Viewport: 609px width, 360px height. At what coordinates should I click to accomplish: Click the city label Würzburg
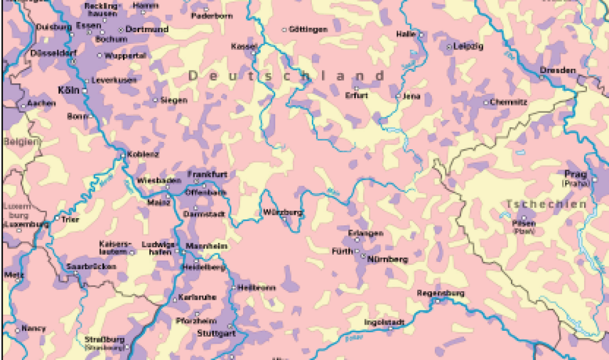pyautogui.click(x=282, y=212)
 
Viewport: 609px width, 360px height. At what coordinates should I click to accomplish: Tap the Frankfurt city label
pyautogui.click(x=207, y=174)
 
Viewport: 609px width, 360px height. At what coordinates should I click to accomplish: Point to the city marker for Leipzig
pyautogui.click(x=449, y=47)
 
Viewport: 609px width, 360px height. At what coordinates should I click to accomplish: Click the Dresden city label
pyautogui.click(x=557, y=70)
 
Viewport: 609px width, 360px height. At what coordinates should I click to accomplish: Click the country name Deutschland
pyautogui.click(x=286, y=76)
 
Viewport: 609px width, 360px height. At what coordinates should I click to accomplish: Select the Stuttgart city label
pyautogui.click(x=216, y=333)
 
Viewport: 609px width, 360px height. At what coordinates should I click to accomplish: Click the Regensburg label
pyautogui.click(x=440, y=293)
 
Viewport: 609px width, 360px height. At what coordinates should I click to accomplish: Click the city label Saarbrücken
pyautogui.click(x=82, y=266)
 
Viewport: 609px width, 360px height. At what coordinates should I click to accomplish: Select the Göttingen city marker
pyautogui.click(x=284, y=29)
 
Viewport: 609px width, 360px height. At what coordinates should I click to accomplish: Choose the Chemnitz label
pyautogui.click(x=508, y=102)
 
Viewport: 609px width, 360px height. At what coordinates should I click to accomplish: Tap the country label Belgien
pyautogui.click(x=21, y=141)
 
